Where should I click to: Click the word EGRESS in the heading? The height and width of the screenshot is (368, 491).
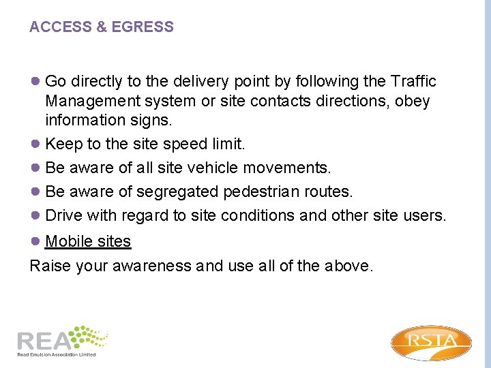point(143,27)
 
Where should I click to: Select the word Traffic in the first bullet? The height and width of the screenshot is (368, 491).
point(413,82)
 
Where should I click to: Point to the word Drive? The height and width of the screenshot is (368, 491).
point(63,216)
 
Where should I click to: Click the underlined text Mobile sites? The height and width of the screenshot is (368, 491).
point(87,241)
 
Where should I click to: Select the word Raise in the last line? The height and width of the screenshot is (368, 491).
point(50,265)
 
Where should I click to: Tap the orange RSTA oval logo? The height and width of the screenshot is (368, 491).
point(431,342)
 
